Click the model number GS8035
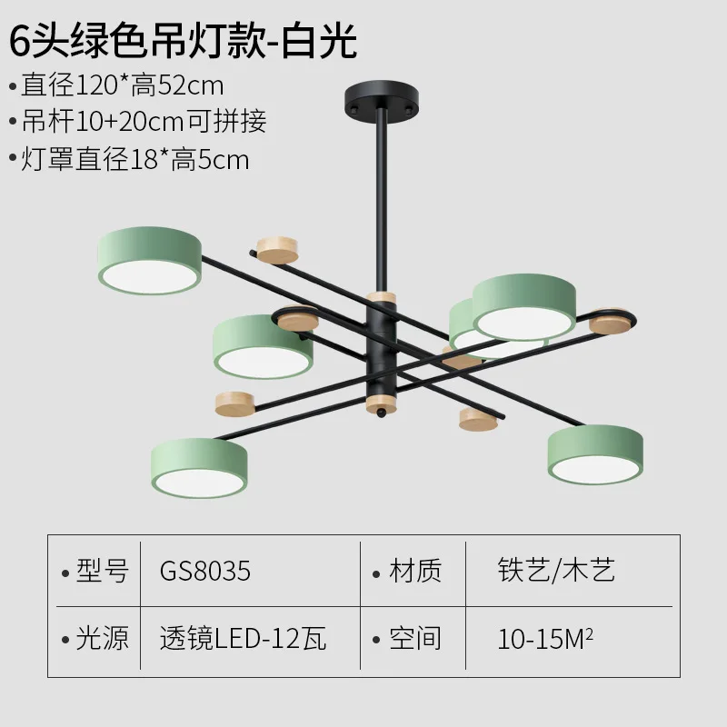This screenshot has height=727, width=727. (x=205, y=571)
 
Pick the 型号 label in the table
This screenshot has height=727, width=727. (x=104, y=571)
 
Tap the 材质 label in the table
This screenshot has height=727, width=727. (x=415, y=571)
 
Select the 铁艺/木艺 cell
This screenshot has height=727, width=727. (x=556, y=571)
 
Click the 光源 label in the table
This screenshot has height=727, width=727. (x=102, y=638)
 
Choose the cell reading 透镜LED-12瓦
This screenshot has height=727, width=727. (x=244, y=638)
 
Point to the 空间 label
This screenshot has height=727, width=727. (x=415, y=638)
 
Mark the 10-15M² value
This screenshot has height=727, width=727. (x=545, y=638)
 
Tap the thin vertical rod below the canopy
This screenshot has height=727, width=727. (x=381, y=200)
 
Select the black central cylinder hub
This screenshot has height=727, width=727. (x=381, y=350)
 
